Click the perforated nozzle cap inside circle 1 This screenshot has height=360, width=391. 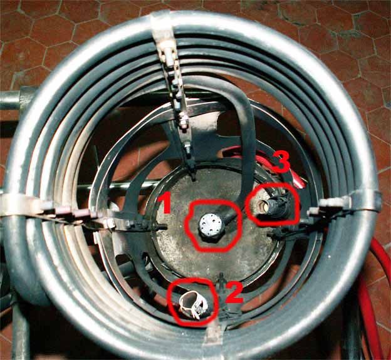[x=211, y=225]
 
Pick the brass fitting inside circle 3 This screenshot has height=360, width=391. [x=263, y=205]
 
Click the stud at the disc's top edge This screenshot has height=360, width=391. [x=192, y=175]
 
